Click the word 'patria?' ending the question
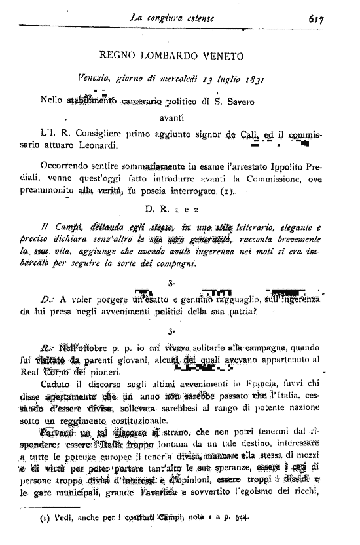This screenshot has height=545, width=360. pos(236,312)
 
